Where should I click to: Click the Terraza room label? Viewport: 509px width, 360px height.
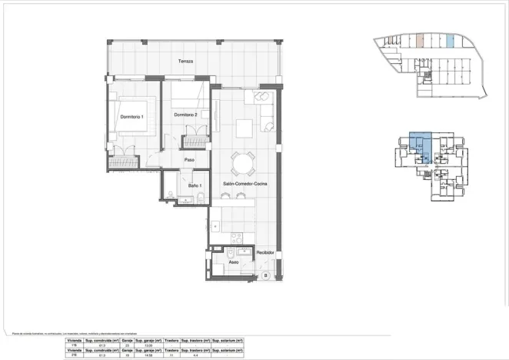pyautogui.click(x=185, y=62)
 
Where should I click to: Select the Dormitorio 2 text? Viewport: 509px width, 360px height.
pyautogui.click(x=186, y=115)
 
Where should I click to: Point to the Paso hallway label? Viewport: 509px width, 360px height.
pyautogui.click(x=188, y=159)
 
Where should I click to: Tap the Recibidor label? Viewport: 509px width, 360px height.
pyautogui.click(x=265, y=252)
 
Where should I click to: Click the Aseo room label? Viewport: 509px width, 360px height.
pyautogui.click(x=233, y=262)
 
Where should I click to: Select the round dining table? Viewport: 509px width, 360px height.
pyautogui.click(x=244, y=162)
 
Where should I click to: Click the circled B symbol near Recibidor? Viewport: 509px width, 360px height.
pyautogui.click(x=266, y=275)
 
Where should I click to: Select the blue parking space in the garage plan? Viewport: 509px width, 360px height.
pyautogui.click(x=451, y=42)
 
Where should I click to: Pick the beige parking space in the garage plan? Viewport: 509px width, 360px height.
pyautogui.click(x=420, y=42)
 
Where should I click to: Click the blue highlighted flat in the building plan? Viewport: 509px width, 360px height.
pyautogui.click(x=418, y=145)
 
